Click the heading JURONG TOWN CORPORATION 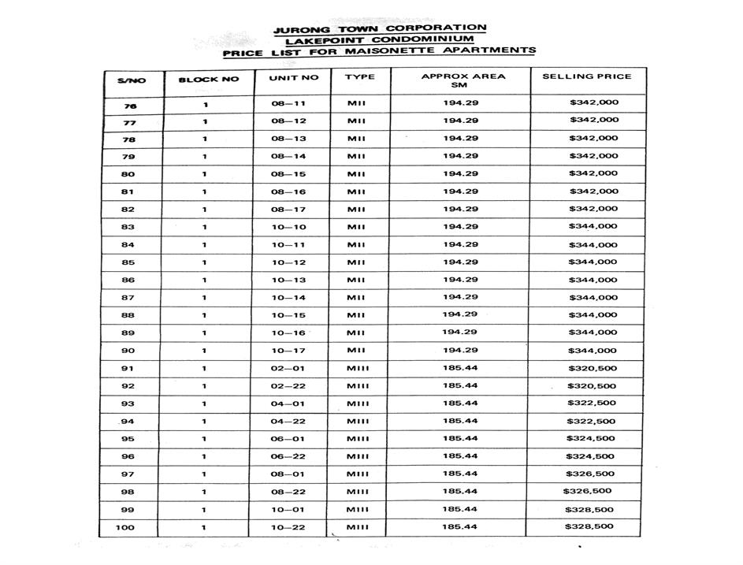click(x=379, y=29)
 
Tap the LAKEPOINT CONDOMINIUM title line click(x=379, y=40)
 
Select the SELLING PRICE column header click(x=586, y=77)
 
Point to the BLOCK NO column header click(x=208, y=80)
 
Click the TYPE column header click(x=359, y=77)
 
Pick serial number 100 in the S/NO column click(x=124, y=527)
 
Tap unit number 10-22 click(x=288, y=527)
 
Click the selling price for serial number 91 click(x=593, y=368)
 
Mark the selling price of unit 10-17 click(x=593, y=351)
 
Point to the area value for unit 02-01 click(x=460, y=368)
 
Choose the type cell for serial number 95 click(x=358, y=439)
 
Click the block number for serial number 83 click(x=205, y=227)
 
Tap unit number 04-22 click(x=288, y=421)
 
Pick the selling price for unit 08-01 click(x=593, y=474)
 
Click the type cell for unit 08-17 click(x=356, y=210)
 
